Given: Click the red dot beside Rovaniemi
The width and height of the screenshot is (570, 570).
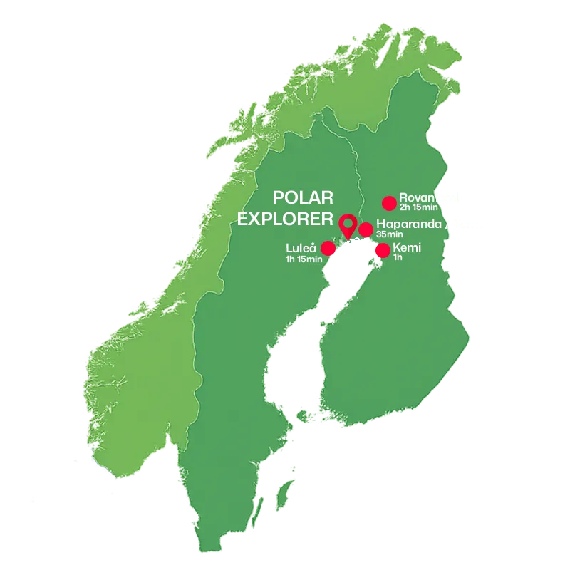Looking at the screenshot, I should click(389, 203).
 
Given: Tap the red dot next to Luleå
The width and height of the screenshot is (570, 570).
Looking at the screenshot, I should click(328, 248).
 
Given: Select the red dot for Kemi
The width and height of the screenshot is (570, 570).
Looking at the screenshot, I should click(383, 250).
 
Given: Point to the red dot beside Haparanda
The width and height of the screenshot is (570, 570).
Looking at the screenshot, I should click(366, 229).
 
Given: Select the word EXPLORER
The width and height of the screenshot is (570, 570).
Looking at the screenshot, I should click(286, 217).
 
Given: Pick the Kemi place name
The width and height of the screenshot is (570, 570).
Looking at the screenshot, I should click(408, 247).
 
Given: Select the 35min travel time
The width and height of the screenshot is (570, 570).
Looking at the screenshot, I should click(390, 234).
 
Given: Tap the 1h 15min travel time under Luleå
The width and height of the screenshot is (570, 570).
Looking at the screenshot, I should click(304, 258).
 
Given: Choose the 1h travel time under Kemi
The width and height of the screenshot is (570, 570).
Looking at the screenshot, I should click(398, 257).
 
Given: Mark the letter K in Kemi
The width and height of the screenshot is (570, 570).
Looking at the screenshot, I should click(397, 247).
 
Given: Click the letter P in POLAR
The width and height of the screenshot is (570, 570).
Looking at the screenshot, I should click(280, 197).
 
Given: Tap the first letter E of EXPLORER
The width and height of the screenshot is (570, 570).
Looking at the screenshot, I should click(243, 217).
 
